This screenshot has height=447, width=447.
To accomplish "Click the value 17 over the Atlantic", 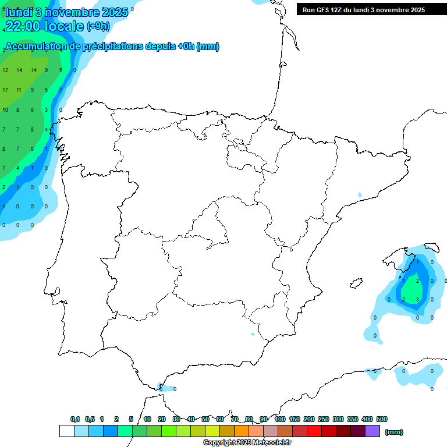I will coord(5,90).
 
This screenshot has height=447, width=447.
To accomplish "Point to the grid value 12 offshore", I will coord(5,70).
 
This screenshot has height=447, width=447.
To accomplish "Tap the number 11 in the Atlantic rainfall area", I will coord(19,90).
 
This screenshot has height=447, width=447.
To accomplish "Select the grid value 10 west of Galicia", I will coord(5,109).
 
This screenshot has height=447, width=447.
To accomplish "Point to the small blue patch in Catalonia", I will coord(360,194).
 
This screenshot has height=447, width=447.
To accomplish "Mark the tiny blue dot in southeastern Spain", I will coord(252,334).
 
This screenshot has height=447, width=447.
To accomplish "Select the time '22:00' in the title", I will coord(23,26).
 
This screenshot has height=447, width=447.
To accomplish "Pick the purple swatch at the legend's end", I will coord(372,431).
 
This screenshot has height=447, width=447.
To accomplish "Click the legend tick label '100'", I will coord(279,419).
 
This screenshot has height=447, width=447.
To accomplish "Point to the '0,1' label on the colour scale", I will coord(75,419).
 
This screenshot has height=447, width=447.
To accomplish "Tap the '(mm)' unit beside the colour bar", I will coord(394,432).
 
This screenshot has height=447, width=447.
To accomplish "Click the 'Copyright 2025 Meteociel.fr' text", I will coord(247,443).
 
